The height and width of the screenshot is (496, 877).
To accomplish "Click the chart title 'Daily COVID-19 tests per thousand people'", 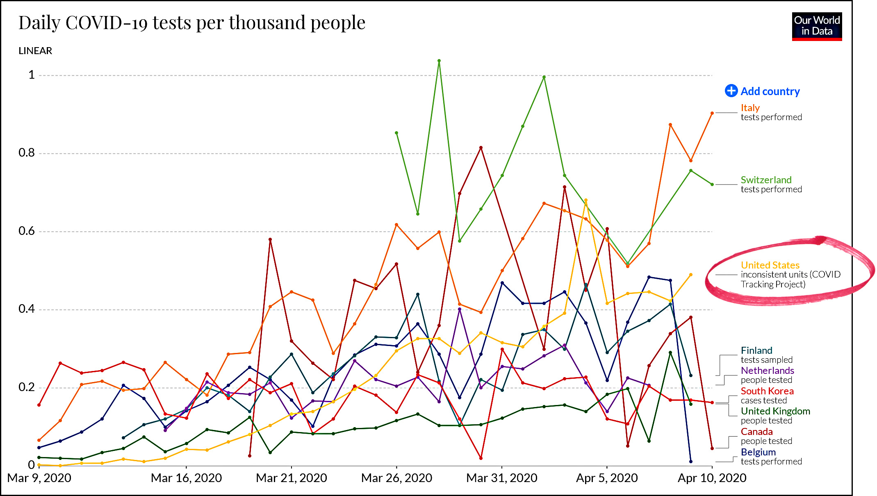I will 191,23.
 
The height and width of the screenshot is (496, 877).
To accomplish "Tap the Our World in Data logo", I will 816,26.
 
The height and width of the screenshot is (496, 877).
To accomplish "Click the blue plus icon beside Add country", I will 731,91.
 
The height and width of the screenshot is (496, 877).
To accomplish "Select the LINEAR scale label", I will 35,51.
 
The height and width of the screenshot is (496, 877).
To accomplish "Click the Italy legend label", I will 750,108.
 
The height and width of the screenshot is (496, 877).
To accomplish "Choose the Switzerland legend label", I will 766,180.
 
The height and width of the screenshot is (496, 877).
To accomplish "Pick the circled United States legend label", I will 770,265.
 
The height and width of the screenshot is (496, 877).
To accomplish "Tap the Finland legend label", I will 756,350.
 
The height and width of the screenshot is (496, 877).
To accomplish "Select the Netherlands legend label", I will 767,371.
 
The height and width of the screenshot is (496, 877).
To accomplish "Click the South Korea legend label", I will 767,391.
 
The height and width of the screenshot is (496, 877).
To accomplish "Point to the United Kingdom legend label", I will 775,411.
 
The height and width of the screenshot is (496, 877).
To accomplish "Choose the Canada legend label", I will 756,432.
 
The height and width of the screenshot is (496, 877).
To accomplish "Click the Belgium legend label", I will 758,452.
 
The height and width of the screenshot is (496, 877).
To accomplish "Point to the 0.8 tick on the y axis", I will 27,153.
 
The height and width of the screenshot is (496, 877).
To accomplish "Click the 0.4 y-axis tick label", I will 27,309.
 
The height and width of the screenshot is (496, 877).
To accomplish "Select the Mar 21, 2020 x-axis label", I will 291,478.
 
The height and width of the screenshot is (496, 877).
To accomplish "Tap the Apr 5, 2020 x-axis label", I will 607,478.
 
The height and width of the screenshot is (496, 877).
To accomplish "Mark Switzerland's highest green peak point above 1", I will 439,61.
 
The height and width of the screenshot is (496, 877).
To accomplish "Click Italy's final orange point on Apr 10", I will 712,113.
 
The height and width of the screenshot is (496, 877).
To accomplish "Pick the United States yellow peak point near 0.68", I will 586,200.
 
